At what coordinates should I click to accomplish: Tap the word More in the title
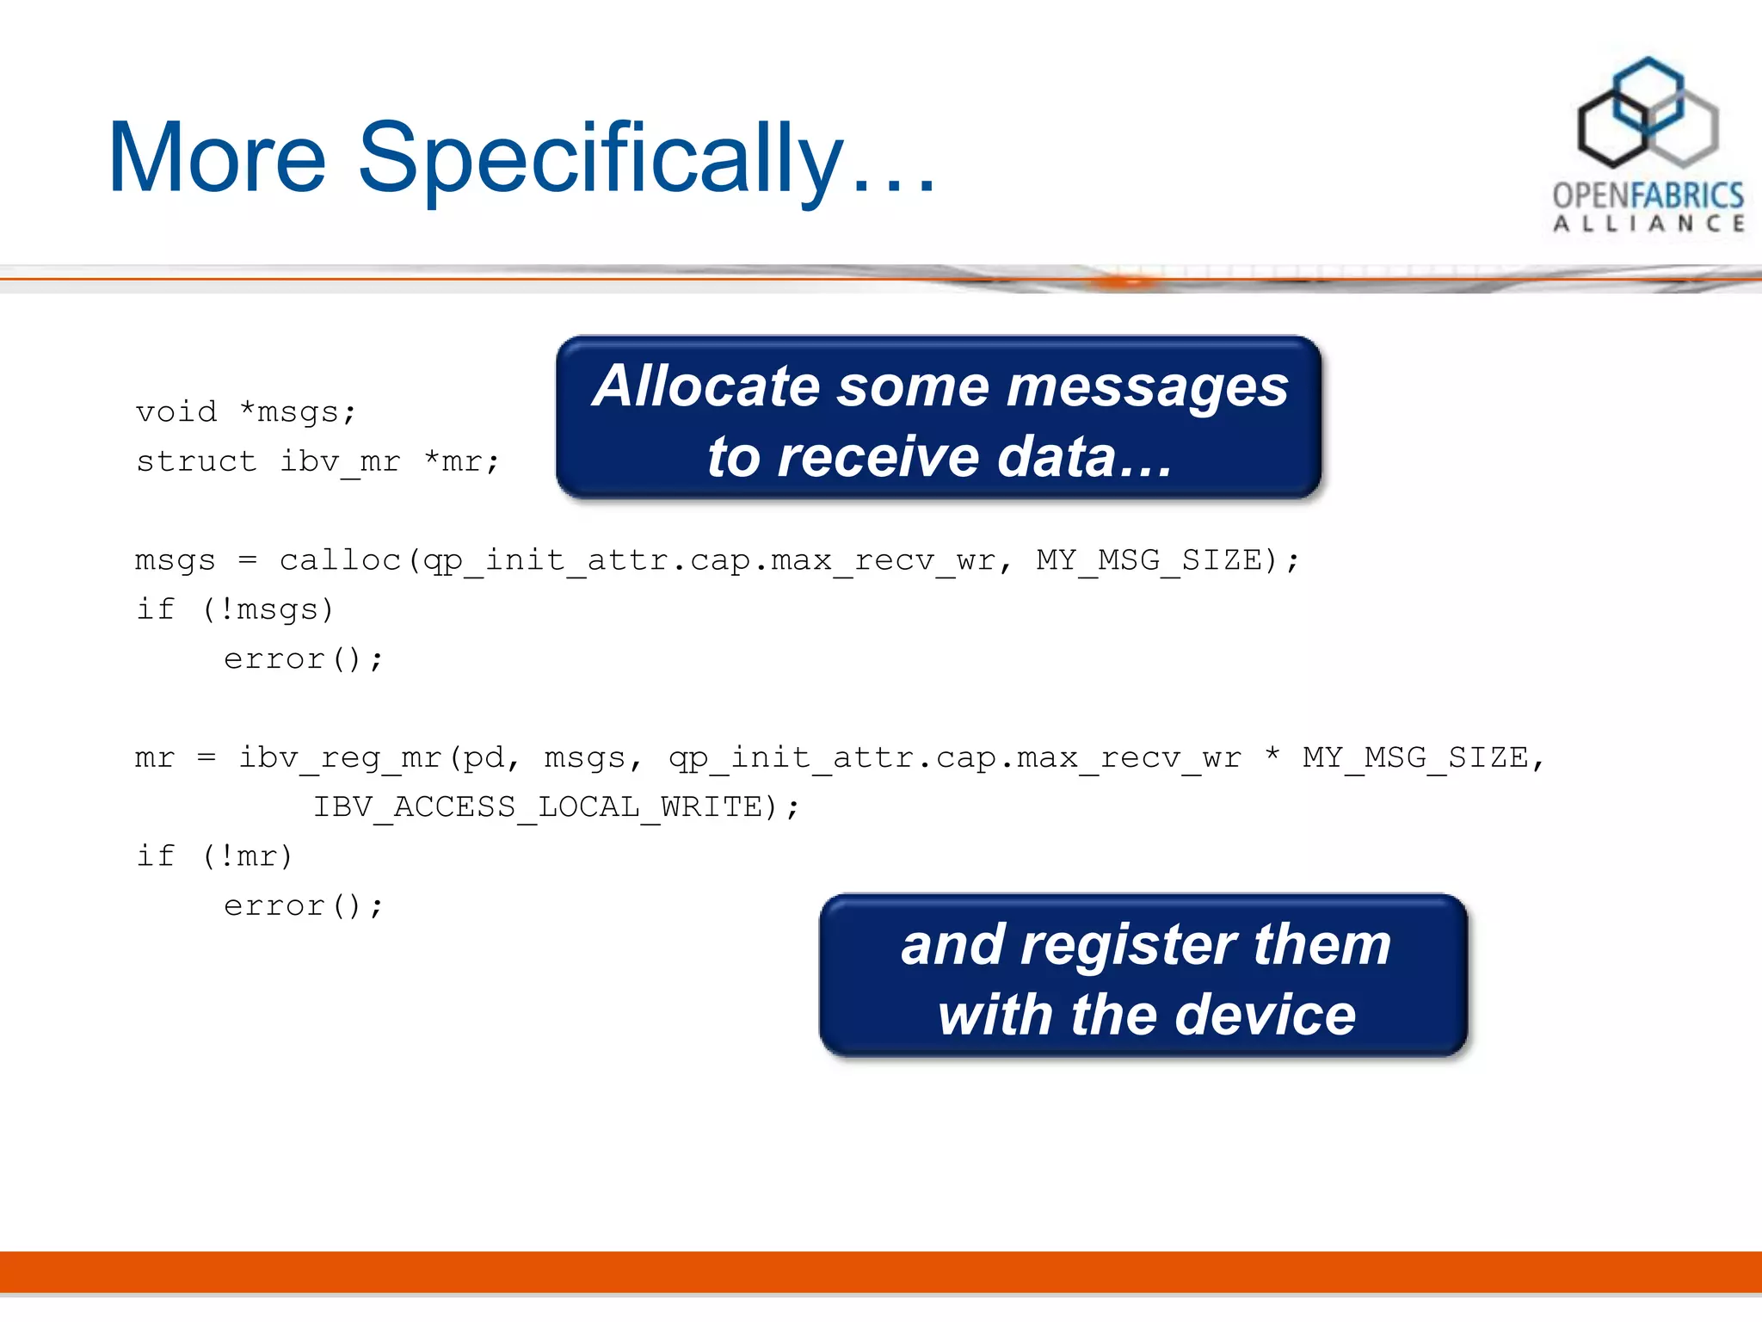pos(217,159)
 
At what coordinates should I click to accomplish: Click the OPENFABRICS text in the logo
pos(1648,195)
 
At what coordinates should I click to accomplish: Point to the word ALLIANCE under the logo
pos(1648,224)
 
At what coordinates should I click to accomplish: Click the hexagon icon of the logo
pos(1647,112)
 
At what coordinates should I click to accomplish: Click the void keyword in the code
pos(176,411)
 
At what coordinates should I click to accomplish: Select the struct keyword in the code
pos(196,461)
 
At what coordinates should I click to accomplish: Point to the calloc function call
pos(341,560)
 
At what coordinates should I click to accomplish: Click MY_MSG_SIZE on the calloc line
pos(1149,560)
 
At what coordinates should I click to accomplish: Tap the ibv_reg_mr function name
pos(340,757)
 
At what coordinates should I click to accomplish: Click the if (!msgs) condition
pos(234,609)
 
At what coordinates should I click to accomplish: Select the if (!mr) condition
pos(215,856)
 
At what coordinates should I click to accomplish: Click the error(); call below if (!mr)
pos(303,905)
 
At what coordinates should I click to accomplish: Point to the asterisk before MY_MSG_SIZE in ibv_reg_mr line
pos(1272,756)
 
